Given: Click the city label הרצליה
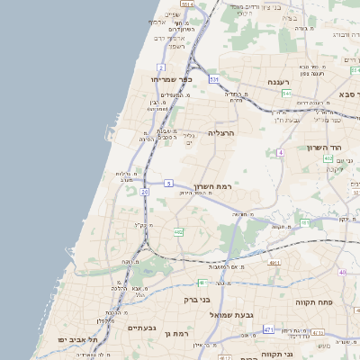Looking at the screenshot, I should tap(221, 132).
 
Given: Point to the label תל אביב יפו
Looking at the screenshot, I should tap(69, 339).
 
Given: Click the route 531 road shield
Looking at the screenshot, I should tap(214, 80).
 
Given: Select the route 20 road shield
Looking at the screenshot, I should tap(144, 192).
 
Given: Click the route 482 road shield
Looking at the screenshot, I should tap(178, 232).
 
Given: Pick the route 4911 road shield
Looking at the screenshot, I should tap(273, 264).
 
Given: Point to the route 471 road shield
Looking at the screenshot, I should tap(268, 330).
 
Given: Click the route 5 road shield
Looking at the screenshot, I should tap(168, 184).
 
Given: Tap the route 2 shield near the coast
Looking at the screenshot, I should tap(160, 67).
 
